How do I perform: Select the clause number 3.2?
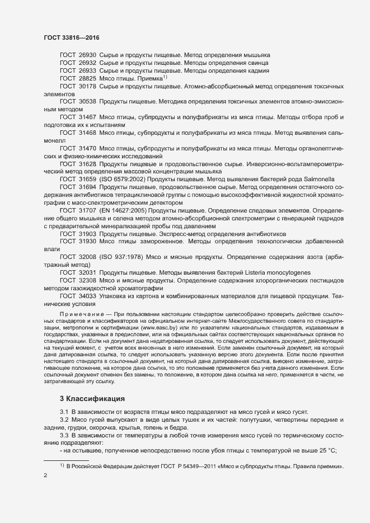pyautogui.click(x=64, y=420)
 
